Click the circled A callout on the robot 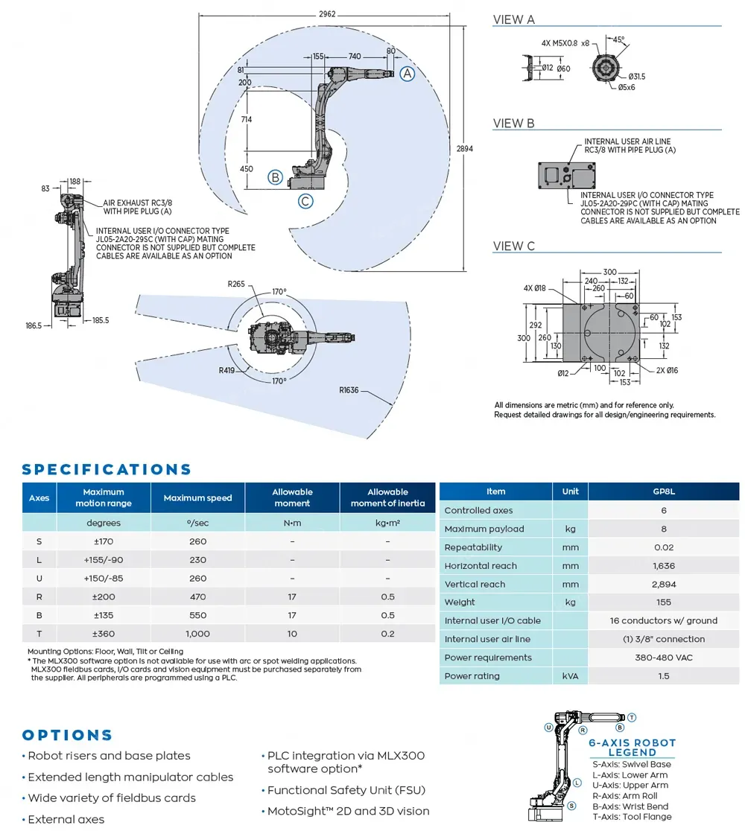(406, 73)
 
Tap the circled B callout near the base (276, 177)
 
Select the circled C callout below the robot (305, 200)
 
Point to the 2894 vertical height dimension (464, 148)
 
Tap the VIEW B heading (514, 124)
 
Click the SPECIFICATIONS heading (107, 469)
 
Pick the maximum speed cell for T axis (197, 634)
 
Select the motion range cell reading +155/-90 (104, 560)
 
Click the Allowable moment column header (292, 497)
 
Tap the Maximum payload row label (484, 529)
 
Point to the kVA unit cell (570, 676)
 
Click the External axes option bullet (66, 819)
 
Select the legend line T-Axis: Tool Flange (632, 816)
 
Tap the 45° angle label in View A (619, 39)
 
